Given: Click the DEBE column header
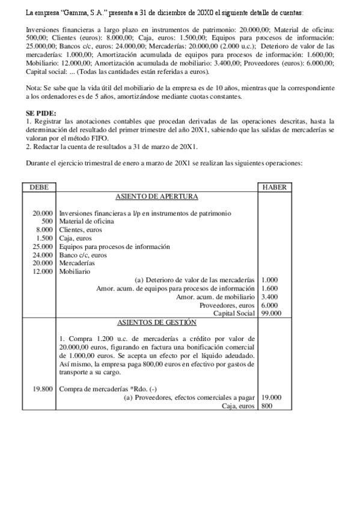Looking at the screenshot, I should (38, 187).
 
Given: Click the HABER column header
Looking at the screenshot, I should (275, 187).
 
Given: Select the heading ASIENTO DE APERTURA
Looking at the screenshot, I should (156, 196).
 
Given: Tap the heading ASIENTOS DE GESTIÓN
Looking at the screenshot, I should (156, 322).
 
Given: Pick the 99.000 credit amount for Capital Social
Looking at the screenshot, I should (272, 313).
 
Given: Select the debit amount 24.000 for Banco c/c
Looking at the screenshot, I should (42, 255).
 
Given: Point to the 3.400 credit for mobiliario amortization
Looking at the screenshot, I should (270, 296).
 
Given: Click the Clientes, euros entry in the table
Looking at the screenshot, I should (81, 230).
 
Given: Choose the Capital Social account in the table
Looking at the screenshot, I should (234, 313).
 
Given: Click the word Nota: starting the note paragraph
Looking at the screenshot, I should (35, 88).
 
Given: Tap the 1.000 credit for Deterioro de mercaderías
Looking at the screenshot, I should (270, 280).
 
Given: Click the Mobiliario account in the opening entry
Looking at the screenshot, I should (75, 271).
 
